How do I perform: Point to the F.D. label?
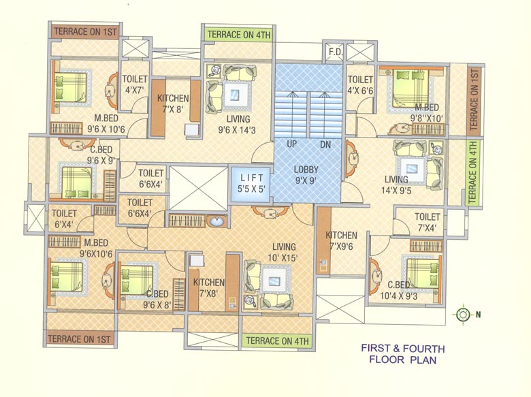pos(335,52)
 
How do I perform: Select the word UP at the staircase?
pos(291,145)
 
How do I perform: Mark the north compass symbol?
pos(463,314)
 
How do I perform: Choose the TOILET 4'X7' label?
pos(135,84)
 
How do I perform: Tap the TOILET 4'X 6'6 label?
pos(360,84)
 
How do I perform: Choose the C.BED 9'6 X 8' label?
pos(157,300)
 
